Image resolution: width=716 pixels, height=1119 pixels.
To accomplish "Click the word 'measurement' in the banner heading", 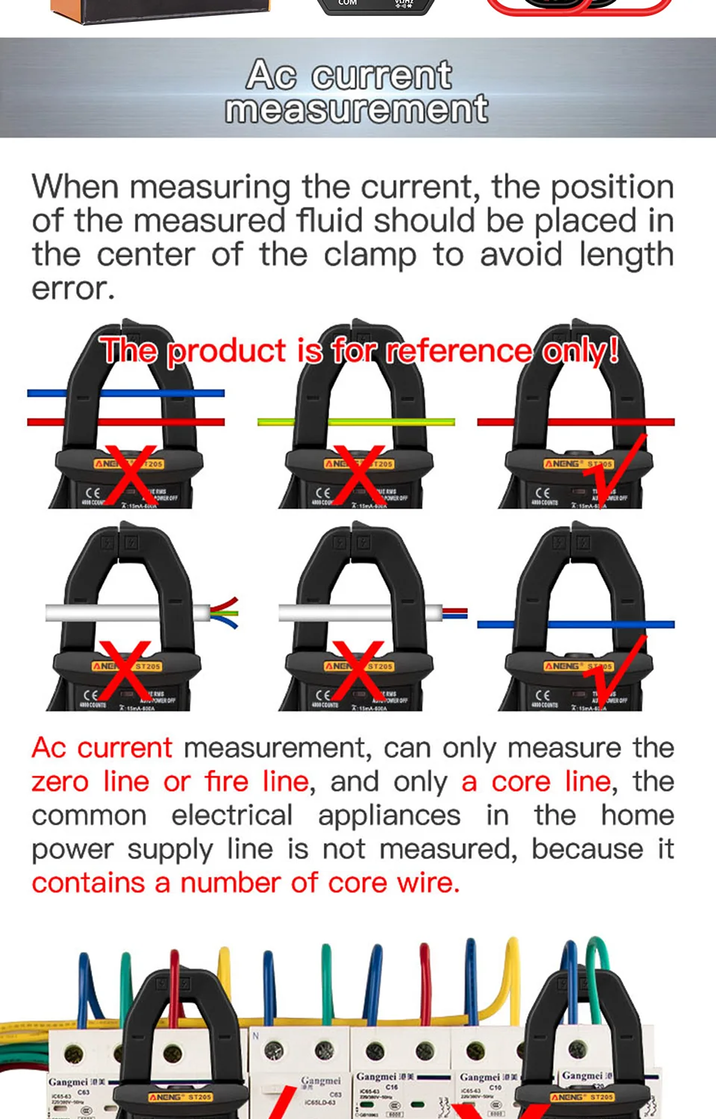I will tap(357, 109).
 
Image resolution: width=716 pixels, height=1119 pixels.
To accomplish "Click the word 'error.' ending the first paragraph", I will tap(73, 288).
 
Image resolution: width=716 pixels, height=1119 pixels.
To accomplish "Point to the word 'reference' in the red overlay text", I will tap(459, 351).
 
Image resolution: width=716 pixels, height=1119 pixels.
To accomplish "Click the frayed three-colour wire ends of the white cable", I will tap(225, 613).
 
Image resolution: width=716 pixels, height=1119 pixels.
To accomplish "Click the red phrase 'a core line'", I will tap(536, 782).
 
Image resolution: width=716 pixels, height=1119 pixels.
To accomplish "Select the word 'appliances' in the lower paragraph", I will tap(389, 816).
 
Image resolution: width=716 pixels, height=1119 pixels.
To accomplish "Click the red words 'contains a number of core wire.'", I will tap(246, 884).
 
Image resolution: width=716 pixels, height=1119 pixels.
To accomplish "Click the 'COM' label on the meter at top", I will tap(348, 2).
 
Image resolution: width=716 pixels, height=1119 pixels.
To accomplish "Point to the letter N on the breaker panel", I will tap(256, 1036).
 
